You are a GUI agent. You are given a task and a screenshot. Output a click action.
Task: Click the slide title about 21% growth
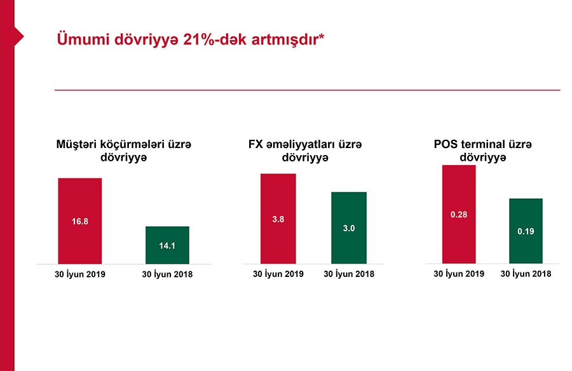pos(191,39)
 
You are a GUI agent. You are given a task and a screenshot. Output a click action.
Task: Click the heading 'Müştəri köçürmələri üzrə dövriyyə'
pos(124,151)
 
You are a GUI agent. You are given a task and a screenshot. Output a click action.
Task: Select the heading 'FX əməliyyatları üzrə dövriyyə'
pos(305,151)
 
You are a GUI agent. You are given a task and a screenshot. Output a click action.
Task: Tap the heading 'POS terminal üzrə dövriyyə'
pos(487,151)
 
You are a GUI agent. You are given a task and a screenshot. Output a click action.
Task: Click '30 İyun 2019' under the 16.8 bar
pos(79,274)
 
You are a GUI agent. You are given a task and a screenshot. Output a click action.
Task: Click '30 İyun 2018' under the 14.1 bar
pos(167,274)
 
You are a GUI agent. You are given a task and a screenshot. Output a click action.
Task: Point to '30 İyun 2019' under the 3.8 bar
pos(278,274)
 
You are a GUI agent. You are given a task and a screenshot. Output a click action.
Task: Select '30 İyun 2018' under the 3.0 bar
pos(349,274)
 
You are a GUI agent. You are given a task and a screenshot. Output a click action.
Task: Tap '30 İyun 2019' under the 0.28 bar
pos(459,274)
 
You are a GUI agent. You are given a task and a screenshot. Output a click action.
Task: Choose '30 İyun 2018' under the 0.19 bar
pos(526,274)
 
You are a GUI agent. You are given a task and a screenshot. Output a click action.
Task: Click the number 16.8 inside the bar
pos(80,222)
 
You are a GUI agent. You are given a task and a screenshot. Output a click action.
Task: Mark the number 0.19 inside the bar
pos(526,232)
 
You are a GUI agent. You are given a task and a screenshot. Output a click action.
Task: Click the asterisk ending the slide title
pos(322,36)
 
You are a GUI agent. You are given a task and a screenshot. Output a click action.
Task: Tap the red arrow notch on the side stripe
pos(19,36)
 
